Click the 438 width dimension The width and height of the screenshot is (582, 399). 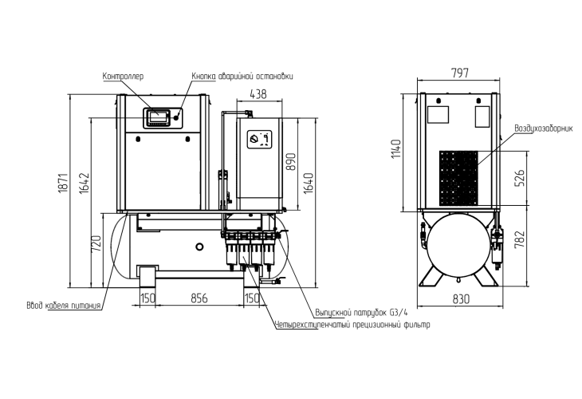(258, 94)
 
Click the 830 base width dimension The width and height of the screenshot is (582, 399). (460, 298)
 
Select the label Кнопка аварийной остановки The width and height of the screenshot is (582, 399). (242, 77)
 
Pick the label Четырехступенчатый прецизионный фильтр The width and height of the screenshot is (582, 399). (351, 325)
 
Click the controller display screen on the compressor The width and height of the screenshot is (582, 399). (156, 117)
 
